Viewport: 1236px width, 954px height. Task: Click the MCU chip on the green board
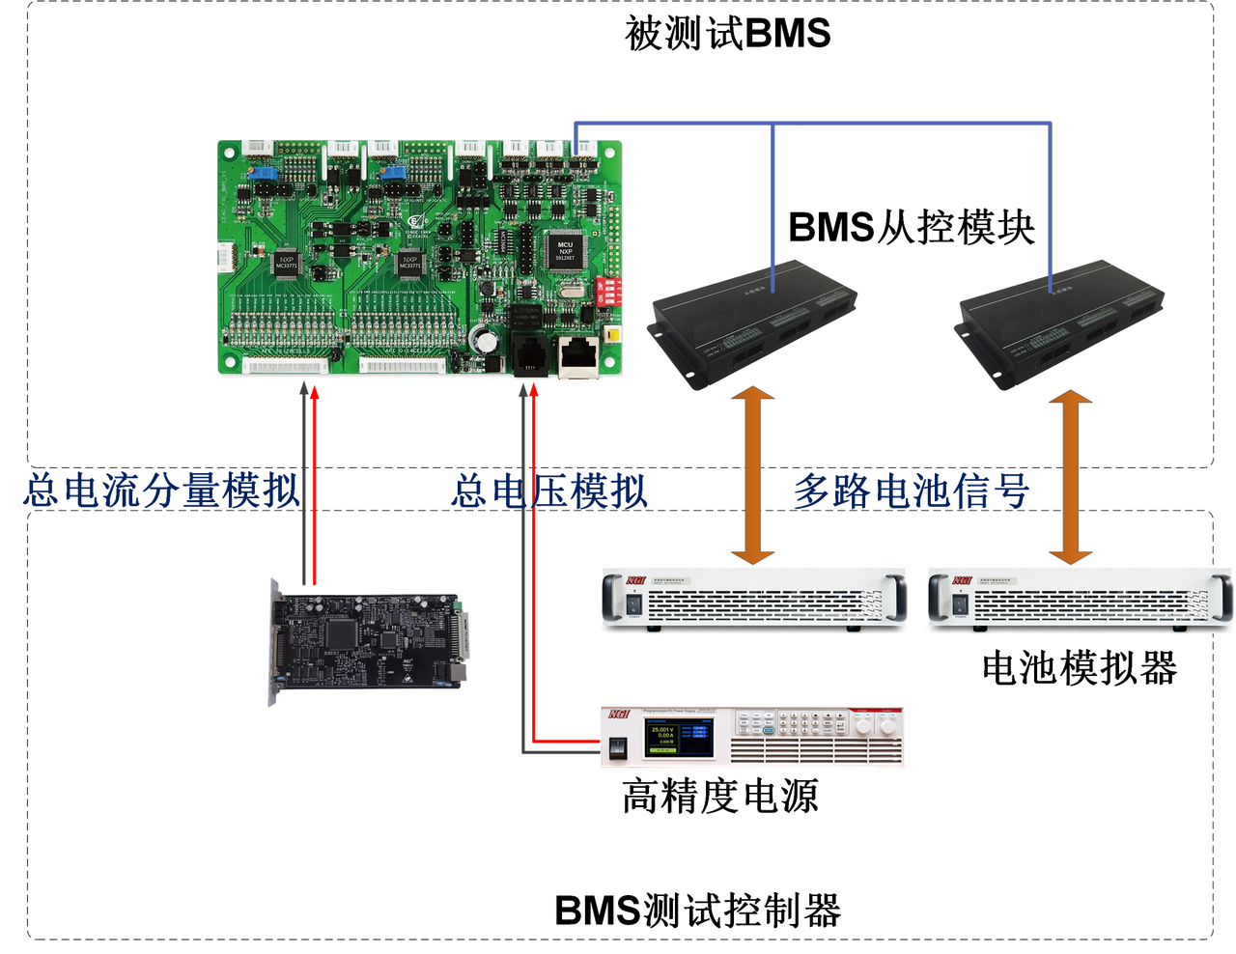[565, 252]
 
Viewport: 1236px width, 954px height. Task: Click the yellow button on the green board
[611, 336]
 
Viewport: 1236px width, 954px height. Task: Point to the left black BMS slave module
[753, 318]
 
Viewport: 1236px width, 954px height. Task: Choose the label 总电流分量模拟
[160, 491]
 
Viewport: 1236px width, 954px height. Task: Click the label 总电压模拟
[549, 491]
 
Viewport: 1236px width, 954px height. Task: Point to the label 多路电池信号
[913, 491]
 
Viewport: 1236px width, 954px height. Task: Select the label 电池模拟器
[1081, 666]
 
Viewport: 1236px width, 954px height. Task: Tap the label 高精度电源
[720, 796]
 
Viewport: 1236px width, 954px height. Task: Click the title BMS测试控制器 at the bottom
[703, 911]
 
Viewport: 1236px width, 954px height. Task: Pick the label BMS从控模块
[917, 229]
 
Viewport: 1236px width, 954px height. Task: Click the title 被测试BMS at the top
[727, 32]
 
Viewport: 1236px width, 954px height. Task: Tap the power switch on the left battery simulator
[632, 604]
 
